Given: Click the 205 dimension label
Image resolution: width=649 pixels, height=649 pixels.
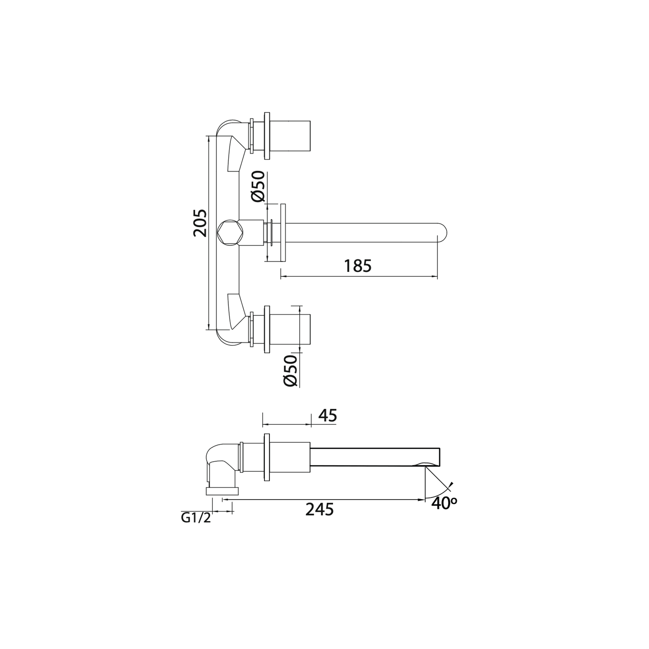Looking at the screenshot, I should click(x=200, y=223).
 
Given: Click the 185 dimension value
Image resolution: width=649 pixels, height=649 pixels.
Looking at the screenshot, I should click(x=357, y=266).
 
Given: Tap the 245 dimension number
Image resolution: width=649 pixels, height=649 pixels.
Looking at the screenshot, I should click(x=319, y=510).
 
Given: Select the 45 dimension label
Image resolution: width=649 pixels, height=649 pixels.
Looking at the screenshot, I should click(x=328, y=416).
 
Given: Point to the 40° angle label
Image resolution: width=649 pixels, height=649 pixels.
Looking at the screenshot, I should click(x=444, y=503).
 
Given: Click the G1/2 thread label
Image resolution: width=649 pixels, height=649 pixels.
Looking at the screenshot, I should click(x=196, y=518).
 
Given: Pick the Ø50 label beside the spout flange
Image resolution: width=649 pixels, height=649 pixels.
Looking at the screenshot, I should click(x=258, y=186).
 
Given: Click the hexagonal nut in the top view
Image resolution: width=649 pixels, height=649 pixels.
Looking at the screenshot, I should click(x=230, y=232).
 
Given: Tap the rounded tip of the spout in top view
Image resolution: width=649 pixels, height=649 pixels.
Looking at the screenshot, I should click(x=443, y=232).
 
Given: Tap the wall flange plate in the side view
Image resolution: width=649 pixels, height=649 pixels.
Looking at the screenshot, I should click(x=266, y=458).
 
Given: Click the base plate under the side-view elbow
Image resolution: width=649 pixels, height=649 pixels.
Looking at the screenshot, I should click(x=222, y=491).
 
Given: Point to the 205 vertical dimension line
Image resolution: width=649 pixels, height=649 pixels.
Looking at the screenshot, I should click(x=209, y=271).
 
